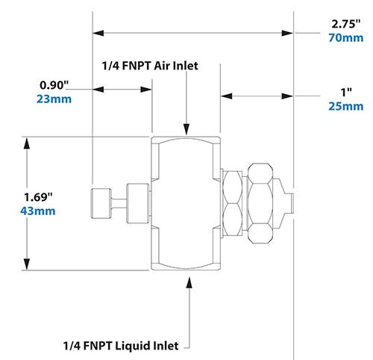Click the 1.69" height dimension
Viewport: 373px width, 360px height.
coord(40,197)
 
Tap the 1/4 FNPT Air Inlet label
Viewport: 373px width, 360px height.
coord(149,66)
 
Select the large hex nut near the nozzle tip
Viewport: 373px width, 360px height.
coord(261,202)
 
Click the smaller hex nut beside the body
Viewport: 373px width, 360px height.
coord(233,202)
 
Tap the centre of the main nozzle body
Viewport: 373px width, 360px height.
coord(186,202)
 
